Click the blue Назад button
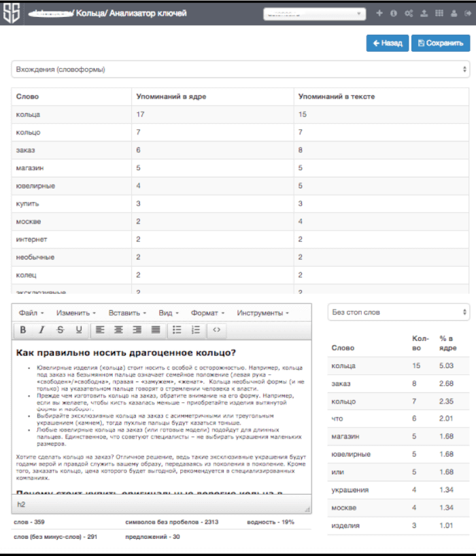pyautogui.click(x=387, y=43)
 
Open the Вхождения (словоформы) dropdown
pyautogui.click(x=240, y=69)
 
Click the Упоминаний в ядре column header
pyautogui.click(x=171, y=97)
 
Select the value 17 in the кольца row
pyautogui.click(x=141, y=114)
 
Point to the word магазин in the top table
pyautogui.click(x=29, y=168)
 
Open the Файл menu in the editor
pyautogui.click(x=31, y=313)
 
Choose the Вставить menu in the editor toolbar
pyautogui.click(x=126, y=313)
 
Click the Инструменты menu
pyautogui.click(x=262, y=313)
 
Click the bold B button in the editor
pyautogui.click(x=23, y=330)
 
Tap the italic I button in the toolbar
pyautogui.click(x=41, y=330)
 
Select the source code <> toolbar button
pyautogui.click(x=216, y=330)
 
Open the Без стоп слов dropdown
pyautogui.click(x=398, y=312)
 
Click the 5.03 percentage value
pyautogui.click(x=447, y=366)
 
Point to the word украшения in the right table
pyautogui.click(x=350, y=490)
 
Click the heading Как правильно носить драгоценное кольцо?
pyautogui.click(x=126, y=353)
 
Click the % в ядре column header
pyautogui.click(x=447, y=343)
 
